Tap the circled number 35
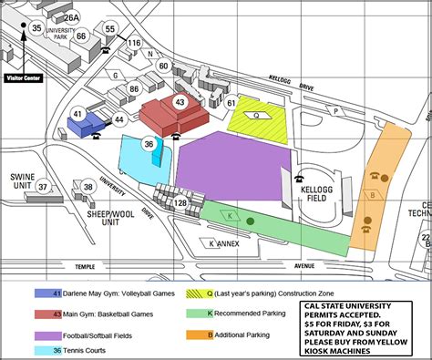(36, 28)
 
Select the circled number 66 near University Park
(81, 36)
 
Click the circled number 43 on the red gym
(180, 103)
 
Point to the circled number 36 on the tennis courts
(149, 143)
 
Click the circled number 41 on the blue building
(78, 114)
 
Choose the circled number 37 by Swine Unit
(43, 187)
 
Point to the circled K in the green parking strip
(231, 215)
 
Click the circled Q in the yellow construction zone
(256, 116)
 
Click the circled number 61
(231, 103)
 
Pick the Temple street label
(85, 267)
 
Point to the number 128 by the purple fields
(180, 202)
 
